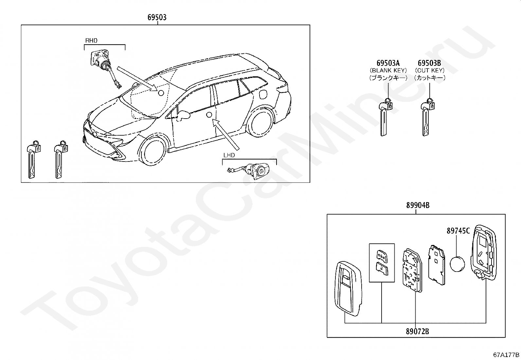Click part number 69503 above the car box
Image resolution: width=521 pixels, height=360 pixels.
tap(157, 17)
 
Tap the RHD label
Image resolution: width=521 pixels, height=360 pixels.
tap(91, 41)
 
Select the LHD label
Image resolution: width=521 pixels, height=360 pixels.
tap(229, 155)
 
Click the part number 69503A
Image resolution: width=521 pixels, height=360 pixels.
tap(388, 63)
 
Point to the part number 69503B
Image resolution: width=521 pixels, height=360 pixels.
tap(429, 63)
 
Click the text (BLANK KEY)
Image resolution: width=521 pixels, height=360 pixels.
tap(388, 70)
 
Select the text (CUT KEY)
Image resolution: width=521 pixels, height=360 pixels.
tap(429, 70)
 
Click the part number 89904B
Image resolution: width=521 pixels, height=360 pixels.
tap(418, 205)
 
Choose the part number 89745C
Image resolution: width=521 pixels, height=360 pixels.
tap(458, 231)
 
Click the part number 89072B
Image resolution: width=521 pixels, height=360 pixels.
tap(417, 331)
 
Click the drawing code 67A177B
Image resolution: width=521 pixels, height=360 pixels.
tap(506, 355)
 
